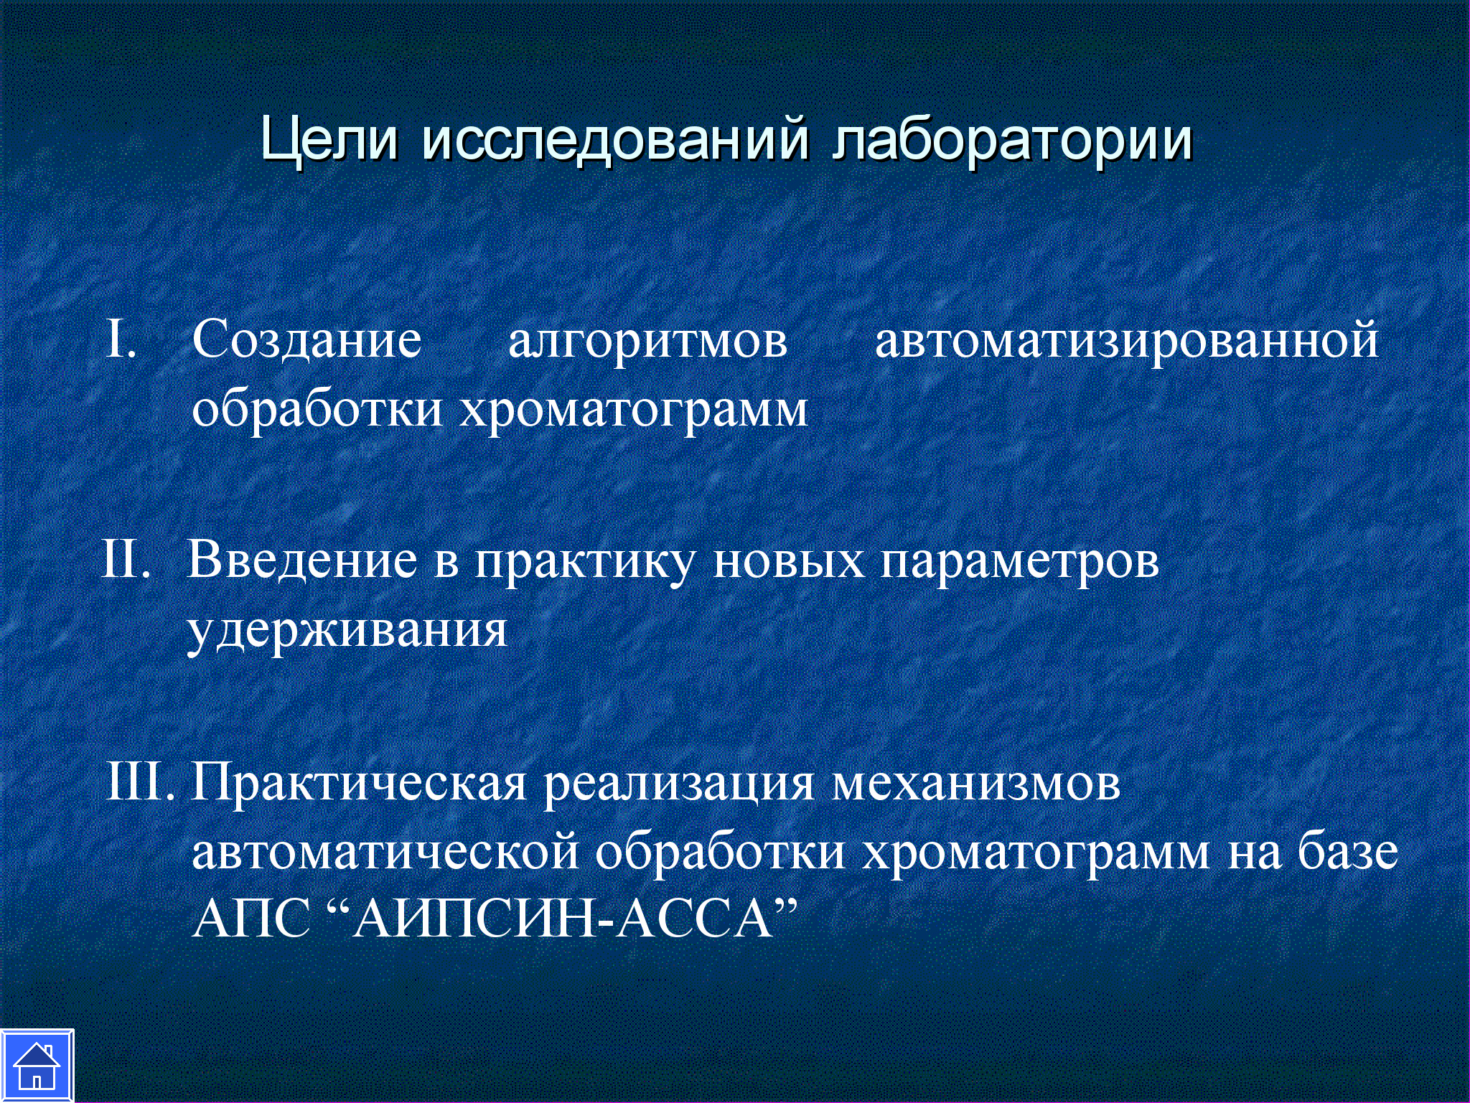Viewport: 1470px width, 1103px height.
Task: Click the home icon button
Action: tap(37, 1066)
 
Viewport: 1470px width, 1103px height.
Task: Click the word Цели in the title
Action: tap(329, 139)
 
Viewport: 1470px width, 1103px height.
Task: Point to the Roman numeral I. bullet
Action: tap(121, 338)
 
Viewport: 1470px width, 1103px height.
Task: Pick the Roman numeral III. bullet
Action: tap(141, 781)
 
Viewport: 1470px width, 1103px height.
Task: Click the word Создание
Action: tap(307, 339)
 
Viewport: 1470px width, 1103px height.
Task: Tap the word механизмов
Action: tap(975, 783)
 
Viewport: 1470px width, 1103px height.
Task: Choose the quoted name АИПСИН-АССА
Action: tap(561, 919)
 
